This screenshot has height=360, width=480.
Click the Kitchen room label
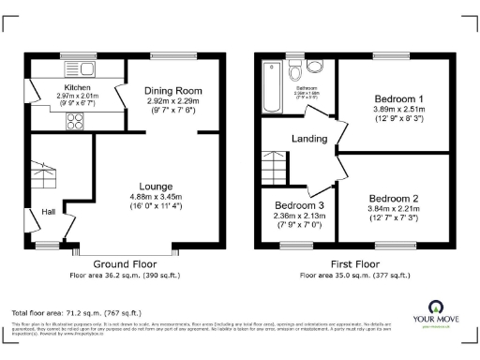coord(52,86)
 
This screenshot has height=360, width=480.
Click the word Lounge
coord(155,186)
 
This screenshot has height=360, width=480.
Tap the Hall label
coord(48,212)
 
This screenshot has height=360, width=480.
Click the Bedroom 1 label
coord(399,98)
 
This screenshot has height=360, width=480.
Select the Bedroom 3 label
coord(299,205)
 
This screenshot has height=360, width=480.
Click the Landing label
coord(309,138)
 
